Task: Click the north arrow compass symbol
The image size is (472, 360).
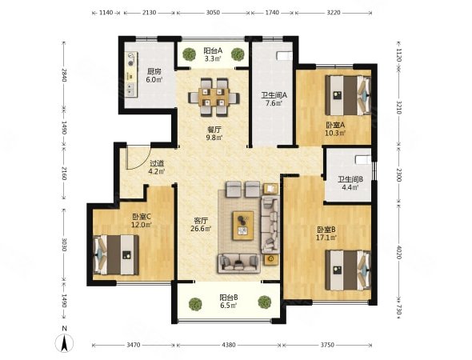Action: (x=65, y=343)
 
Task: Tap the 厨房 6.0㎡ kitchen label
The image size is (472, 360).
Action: (x=154, y=75)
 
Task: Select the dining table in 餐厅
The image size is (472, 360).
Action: (x=214, y=98)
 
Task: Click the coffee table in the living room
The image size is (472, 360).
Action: (x=243, y=226)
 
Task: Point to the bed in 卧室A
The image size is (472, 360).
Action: (x=348, y=95)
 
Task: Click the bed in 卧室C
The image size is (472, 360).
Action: (x=117, y=255)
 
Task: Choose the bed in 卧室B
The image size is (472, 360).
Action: (x=348, y=270)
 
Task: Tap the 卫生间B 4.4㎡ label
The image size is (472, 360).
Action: (x=350, y=183)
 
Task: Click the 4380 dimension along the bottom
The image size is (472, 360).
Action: (x=229, y=345)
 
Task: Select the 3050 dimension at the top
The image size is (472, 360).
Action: (x=213, y=13)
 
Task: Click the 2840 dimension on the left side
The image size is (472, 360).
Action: (x=64, y=75)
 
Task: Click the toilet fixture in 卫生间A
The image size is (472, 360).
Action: (x=284, y=56)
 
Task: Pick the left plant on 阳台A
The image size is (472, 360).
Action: (x=189, y=54)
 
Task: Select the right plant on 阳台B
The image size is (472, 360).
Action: (x=265, y=302)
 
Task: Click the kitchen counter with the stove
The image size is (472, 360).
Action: (x=131, y=74)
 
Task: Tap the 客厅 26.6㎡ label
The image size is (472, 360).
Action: (x=201, y=225)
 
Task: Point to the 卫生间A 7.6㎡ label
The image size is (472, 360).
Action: (x=274, y=99)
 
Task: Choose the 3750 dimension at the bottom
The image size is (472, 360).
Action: (x=327, y=345)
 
